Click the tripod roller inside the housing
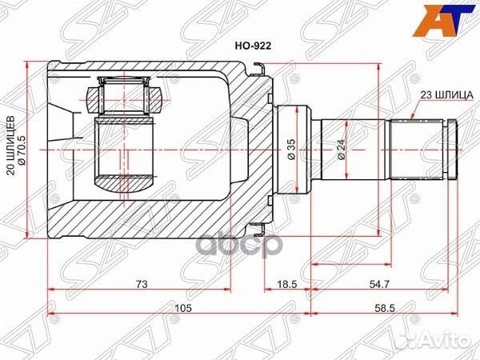[125, 94]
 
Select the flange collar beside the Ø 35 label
[274, 150]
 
